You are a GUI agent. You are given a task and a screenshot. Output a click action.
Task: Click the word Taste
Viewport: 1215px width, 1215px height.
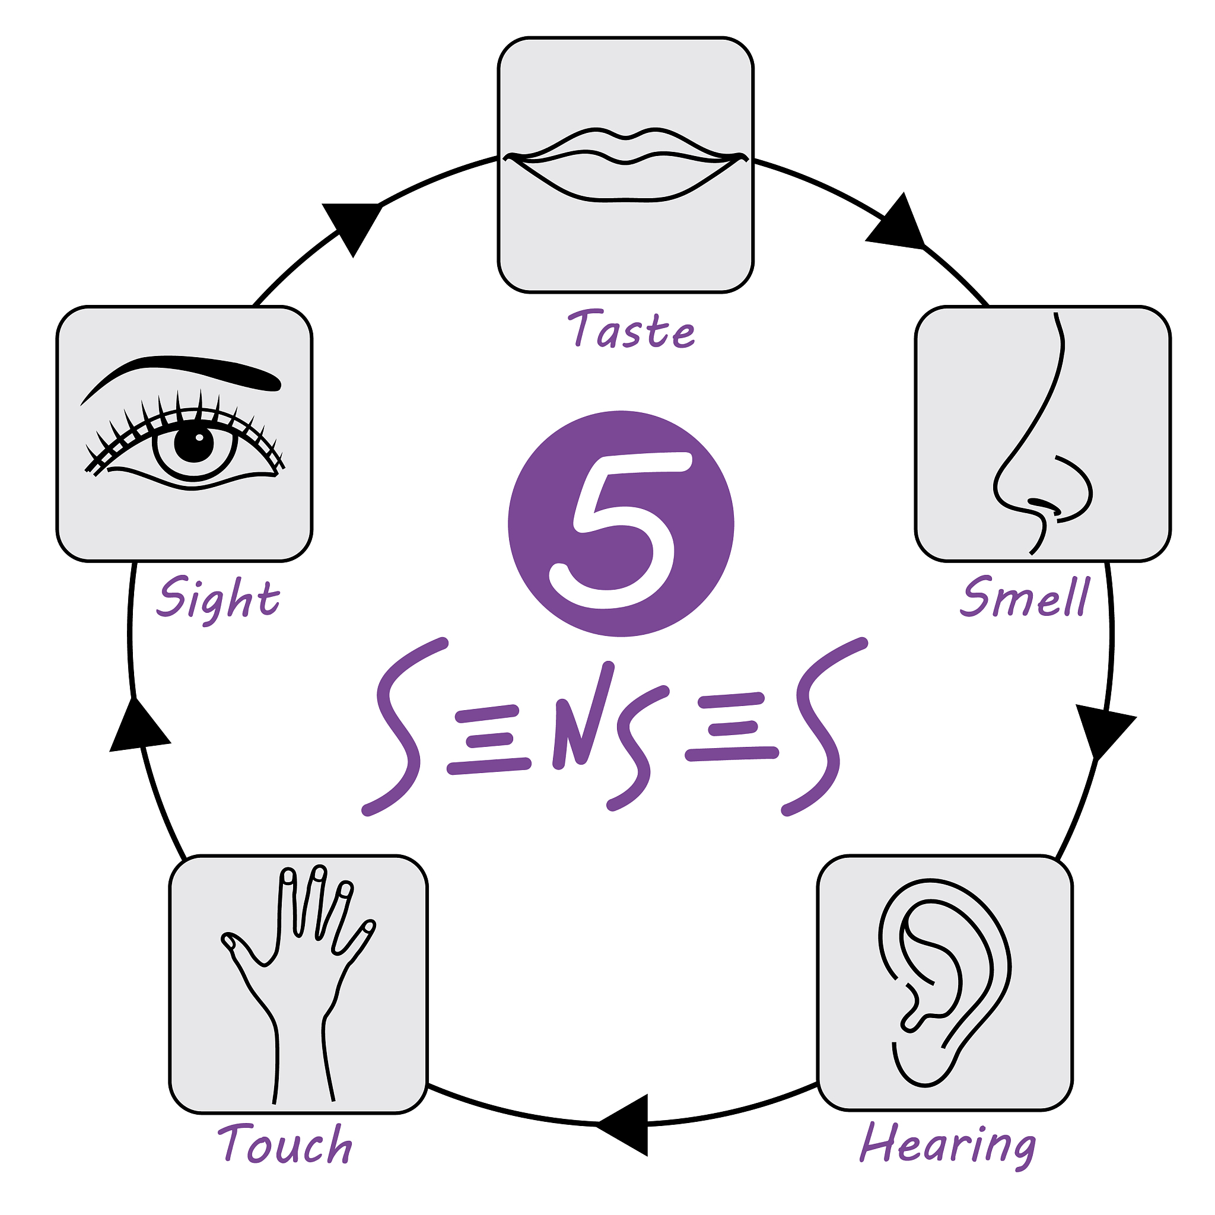(631, 329)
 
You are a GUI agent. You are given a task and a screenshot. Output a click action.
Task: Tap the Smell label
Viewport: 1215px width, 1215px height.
(1024, 596)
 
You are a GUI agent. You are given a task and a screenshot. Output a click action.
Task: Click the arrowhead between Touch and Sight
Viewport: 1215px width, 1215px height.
(139, 724)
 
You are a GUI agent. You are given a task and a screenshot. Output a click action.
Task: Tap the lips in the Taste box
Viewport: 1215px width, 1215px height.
(626, 164)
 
